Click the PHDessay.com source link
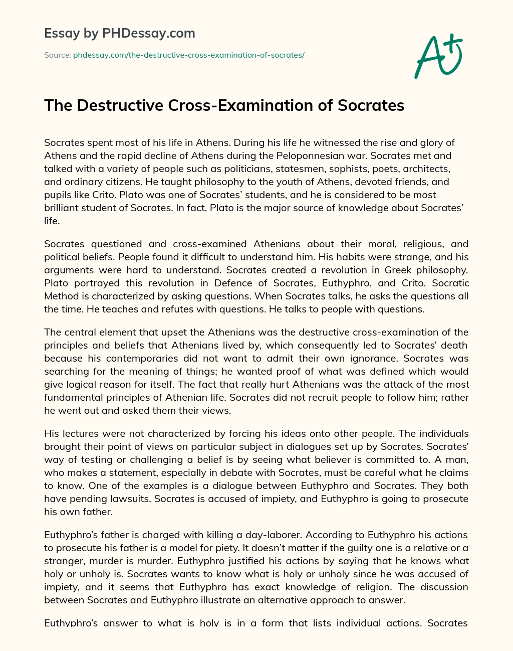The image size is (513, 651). click(x=189, y=55)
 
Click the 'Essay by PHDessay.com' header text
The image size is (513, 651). click(x=120, y=34)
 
